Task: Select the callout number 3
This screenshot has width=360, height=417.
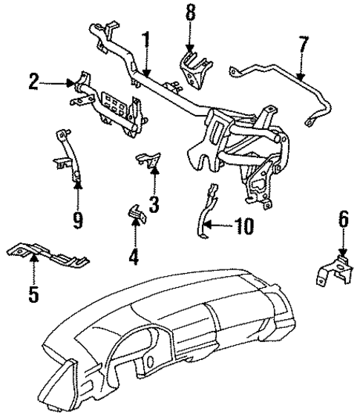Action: pyautogui.click(x=154, y=203)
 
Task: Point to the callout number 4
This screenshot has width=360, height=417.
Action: pyautogui.click(x=133, y=257)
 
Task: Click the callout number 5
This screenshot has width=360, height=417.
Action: pyautogui.click(x=33, y=293)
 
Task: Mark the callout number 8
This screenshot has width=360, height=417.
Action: pyautogui.click(x=190, y=13)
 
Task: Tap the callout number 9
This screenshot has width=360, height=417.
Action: pyautogui.click(x=78, y=219)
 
